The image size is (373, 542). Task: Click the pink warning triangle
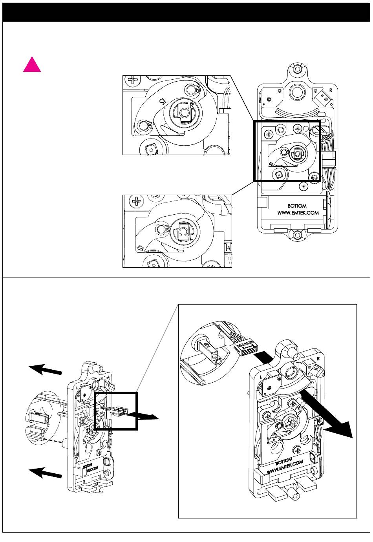32,65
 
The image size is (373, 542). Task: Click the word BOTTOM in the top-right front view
297,205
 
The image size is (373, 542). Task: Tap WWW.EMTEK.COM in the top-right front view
297,213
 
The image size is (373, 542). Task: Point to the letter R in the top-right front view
331,90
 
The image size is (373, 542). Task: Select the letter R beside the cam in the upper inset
192,105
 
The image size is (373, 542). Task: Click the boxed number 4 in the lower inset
229,248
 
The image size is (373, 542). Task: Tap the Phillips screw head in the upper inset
133,80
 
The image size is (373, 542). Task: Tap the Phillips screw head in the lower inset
137,202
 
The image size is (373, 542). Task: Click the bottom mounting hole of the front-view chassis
297,235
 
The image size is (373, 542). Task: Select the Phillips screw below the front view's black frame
304,186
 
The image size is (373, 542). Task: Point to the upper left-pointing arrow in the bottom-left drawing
45,369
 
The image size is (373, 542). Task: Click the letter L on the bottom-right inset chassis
261,376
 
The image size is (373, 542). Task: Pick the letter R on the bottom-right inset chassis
318,359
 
